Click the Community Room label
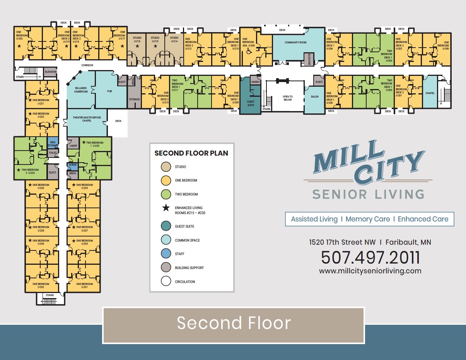295,42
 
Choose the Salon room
314,97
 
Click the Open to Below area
288,98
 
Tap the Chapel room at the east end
430,93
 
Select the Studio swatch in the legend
166,167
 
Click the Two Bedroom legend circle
166,194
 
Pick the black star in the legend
166,208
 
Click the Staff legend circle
166,254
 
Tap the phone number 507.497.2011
370,257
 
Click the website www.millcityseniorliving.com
370,271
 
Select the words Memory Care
367,219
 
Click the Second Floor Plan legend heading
191,153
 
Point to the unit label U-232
41,287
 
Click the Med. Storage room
53,144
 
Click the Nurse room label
73,165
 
